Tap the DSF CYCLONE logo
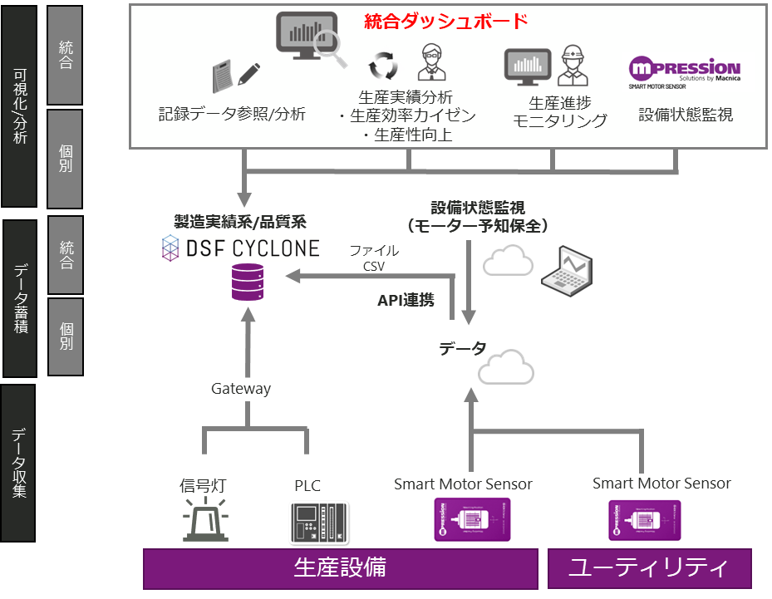[x=241, y=248]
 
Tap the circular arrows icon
[x=383, y=65]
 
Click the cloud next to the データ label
[x=506, y=366]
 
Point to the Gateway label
[x=240, y=389]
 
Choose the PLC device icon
[x=318, y=522]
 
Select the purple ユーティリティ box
[x=649, y=568]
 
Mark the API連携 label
[x=406, y=300]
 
